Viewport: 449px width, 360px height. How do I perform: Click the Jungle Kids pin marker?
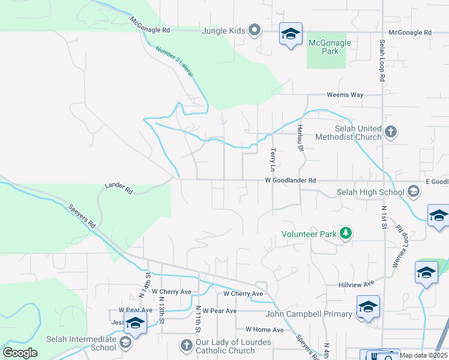(255, 30)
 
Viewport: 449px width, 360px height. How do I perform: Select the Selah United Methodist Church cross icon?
(390, 132)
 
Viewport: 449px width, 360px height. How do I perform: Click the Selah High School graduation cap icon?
(413, 191)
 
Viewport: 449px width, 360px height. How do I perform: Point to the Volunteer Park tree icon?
(345, 233)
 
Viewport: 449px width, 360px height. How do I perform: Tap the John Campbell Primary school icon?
(367, 308)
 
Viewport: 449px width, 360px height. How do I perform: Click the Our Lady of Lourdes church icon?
(185, 346)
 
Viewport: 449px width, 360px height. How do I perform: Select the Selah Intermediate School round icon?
(125, 343)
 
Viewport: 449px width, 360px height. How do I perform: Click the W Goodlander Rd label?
(291, 180)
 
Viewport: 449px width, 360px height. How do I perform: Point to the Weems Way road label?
(345, 95)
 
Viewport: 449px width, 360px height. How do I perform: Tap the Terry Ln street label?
(273, 159)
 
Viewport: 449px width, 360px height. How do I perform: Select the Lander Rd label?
(118, 188)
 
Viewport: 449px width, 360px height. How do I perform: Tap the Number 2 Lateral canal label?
(174, 61)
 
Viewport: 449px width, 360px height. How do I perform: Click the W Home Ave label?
(264, 330)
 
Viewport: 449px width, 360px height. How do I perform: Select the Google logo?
(20, 353)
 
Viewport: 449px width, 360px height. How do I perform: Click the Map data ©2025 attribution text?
(423, 355)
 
